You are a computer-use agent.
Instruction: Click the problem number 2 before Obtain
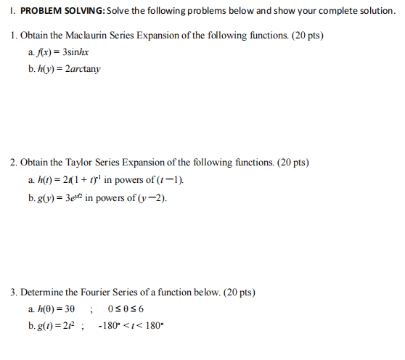pyautogui.click(x=14, y=163)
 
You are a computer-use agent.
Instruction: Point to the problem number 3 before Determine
pyautogui.click(x=14, y=292)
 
